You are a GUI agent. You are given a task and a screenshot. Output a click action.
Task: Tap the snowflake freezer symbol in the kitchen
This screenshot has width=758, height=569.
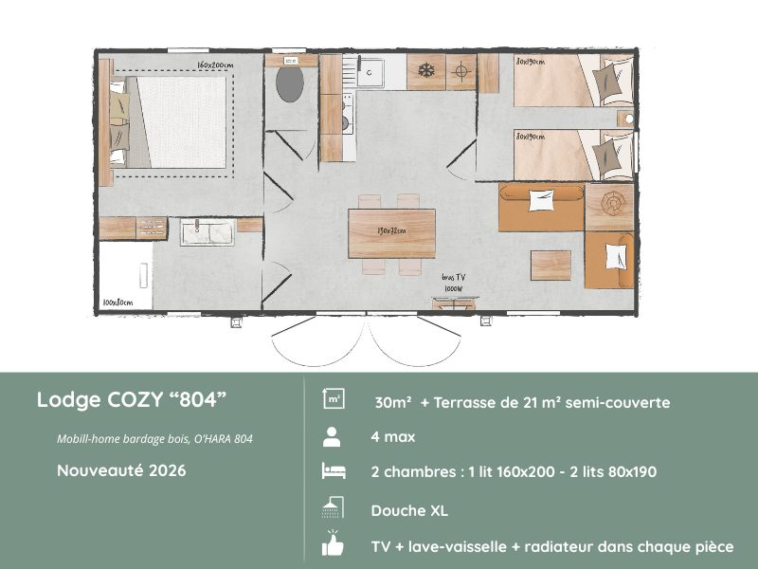coord(426,70)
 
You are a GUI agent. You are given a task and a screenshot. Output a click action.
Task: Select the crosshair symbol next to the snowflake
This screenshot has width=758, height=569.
coord(460,70)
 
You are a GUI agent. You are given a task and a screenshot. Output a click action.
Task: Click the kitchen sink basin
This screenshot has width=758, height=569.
coord(370,69)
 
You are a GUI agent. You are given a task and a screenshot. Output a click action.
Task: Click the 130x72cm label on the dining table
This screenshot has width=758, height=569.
coord(390,230)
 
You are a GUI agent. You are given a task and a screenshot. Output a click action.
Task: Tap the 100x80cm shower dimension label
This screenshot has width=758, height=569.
coord(117,303)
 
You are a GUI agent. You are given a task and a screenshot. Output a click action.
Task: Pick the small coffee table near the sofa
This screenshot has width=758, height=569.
coord(550,265)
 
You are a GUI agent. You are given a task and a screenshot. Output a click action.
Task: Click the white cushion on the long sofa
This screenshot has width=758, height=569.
coord(541,199)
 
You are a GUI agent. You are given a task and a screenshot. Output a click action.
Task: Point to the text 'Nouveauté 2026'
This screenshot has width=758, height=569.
coord(120,469)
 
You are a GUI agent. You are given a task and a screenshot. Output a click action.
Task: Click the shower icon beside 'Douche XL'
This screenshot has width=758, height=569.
coord(333,509)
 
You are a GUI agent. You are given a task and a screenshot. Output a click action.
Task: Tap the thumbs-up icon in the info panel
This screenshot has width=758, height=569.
coord(333,545)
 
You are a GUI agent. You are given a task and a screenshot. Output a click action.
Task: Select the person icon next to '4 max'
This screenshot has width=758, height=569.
coord(333,437)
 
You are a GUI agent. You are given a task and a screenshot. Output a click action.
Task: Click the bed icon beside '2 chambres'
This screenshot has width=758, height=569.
coord(333,472)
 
